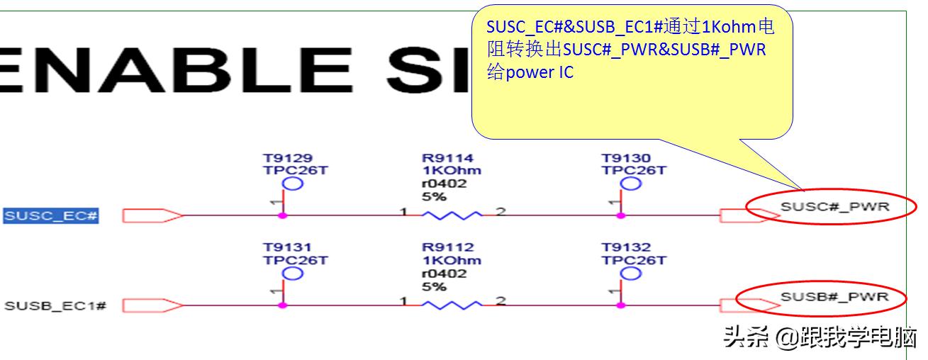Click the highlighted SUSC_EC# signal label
(51, 215)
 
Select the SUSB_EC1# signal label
(55, 306)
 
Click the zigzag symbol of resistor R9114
(452, 215)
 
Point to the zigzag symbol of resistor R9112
(452, 305)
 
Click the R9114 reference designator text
(447, 158)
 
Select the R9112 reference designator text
(447, 247)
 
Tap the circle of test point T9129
(293, 184)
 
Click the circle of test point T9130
(630, 184)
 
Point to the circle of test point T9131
(293, 274)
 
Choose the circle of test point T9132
(630, 274)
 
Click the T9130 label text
(626, 158)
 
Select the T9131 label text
(287, 247)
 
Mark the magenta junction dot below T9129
(282, 215)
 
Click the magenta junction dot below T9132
(621, 305)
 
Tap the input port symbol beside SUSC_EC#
(152, 215)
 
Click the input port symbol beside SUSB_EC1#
(152, 305)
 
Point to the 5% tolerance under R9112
(434, 286)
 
